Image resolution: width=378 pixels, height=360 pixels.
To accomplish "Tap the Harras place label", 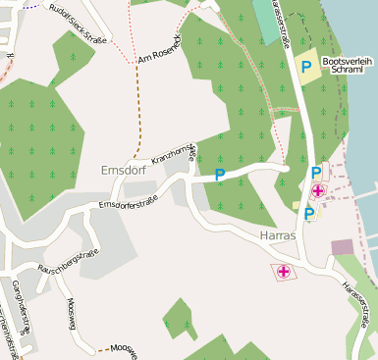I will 279,237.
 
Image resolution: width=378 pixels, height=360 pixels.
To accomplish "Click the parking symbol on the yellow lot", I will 306,66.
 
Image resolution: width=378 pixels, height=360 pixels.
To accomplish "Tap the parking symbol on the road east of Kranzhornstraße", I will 220,175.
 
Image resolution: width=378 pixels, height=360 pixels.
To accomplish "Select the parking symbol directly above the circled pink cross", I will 315,173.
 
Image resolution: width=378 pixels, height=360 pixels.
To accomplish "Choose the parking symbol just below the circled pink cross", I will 308,213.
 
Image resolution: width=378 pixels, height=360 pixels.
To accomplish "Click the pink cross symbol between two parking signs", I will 318,192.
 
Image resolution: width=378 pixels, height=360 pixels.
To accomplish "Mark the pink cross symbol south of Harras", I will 284,272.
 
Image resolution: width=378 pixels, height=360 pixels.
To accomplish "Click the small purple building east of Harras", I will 343,247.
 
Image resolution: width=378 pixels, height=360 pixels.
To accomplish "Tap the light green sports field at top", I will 265,20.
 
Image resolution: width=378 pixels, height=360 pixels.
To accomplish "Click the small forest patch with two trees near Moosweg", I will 179,319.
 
